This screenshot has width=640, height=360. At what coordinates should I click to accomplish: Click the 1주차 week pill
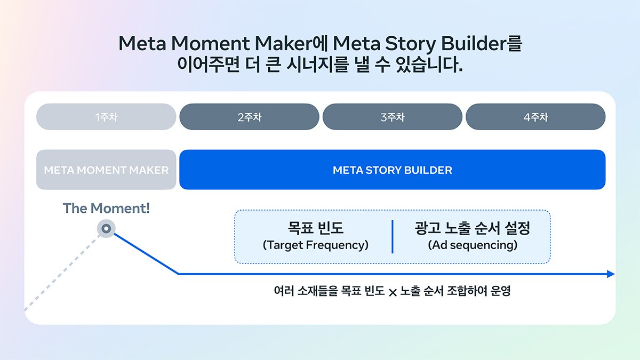pyautogui.click(x=106, y=117)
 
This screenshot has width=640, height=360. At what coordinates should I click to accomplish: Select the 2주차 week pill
pyautogui.click(x=249, y=117)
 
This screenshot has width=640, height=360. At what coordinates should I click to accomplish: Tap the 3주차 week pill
pyautogui.click(x=393, y=117)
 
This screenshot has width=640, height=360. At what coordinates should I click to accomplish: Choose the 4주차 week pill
pyautogui.click(x=535, y=117)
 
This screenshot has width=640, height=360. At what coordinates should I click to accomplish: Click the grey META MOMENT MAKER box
pyautogui.click(x=106, y=170)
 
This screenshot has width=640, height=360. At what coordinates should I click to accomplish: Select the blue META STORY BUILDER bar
pyautogui.click(x=393, y=170)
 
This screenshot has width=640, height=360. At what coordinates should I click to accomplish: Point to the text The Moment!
pyautogui.click(x=106, y=208)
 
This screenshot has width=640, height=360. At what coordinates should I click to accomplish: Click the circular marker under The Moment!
pyautogui.click(x=106, y=229)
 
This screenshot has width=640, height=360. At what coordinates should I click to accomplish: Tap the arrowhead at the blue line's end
pyautogui.click(x=611, y=274)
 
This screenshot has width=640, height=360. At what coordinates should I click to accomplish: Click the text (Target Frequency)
pyautogui.click(x=315, y=245)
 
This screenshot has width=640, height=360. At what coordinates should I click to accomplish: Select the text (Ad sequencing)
pyautogui.click(x=473, y=245)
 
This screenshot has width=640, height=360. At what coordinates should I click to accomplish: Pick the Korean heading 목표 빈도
pyautogui.click(x=315, y=228)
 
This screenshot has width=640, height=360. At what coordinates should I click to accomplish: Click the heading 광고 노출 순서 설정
pyautogui.click(x=473, y=228)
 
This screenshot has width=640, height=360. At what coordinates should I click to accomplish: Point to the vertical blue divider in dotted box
pyautogui.click(x=393, y=237)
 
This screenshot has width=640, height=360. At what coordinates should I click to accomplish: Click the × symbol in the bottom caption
pyautogui.click(x=393, y=292)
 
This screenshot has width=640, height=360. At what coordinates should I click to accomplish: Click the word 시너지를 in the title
pyautogui.click(x=317, y=65)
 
